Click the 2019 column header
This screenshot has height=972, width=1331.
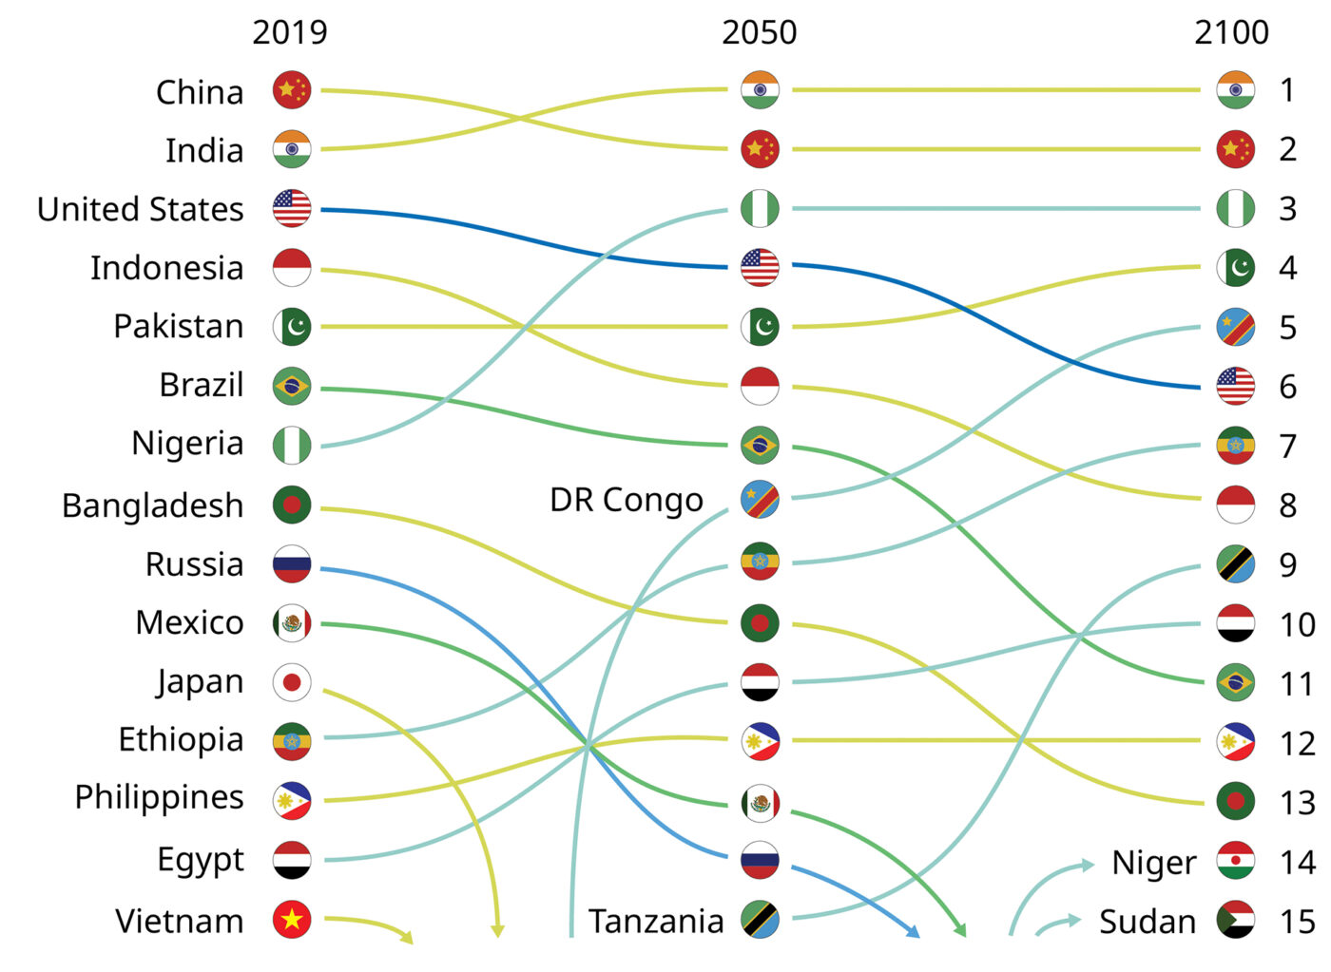coord(290,32)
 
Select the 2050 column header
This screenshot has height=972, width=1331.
coord(759,32)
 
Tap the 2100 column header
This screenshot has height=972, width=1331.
coord(1231,32)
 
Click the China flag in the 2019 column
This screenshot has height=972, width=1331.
coord(292,90)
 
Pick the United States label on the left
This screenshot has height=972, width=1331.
coord(141,209)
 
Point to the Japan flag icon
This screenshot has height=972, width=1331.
coord(292,682)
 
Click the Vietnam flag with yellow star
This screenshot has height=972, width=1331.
coord(292,920)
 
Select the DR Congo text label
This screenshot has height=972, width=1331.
coord(627,500)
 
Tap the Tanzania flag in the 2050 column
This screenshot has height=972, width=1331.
coord(761,920)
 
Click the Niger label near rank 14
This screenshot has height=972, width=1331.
coord(1154,863)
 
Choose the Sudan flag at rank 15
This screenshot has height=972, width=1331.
coord(1236,920)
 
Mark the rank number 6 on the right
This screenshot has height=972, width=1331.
coord(1287,387)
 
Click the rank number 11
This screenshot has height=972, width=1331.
coord(1296,684)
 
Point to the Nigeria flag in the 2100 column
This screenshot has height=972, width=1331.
coord(1236,209)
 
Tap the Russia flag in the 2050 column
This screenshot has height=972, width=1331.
coord(761,861)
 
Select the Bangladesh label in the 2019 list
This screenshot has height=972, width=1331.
coord(153,505)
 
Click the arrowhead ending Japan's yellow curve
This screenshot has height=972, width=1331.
coord(497,931)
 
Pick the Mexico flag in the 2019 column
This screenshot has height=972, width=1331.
coord(292,623)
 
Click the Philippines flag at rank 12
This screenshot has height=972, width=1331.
coord(1236,742)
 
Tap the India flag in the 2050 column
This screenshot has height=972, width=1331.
coord(761,90)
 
